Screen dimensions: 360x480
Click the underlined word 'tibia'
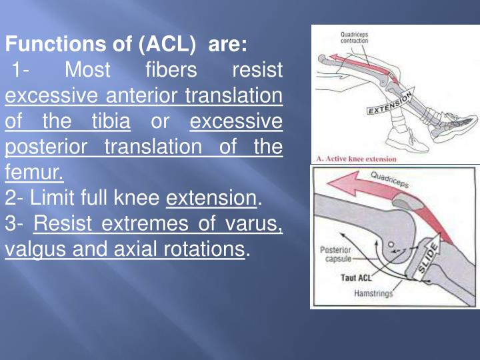[x=109, y=122]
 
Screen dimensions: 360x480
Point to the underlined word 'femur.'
[x=35, y=173]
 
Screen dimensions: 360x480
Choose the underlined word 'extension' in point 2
[x=211, y=199]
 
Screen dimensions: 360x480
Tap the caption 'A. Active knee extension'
[x=357, y=159]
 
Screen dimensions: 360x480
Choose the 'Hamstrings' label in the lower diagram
[x=373, y=293]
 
